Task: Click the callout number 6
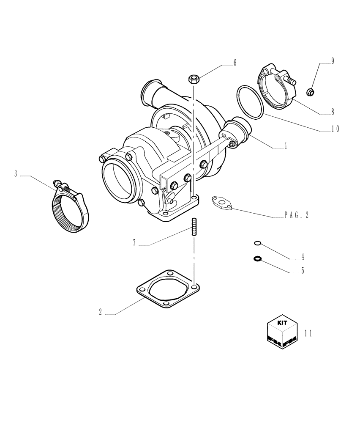235,63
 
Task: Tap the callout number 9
332,61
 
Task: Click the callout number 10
335,129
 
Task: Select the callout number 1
286,146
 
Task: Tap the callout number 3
16,173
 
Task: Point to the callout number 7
134,243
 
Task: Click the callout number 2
100,313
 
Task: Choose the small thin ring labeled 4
258,243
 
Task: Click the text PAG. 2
296,215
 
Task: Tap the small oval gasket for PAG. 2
223,202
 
